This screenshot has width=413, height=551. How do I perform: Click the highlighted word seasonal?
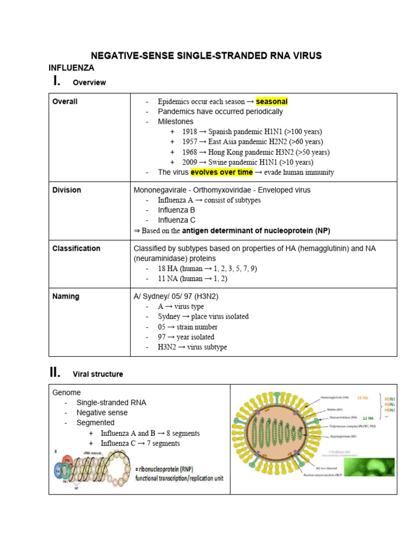click(x=272, y=101)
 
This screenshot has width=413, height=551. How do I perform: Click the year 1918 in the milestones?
click(x=189, y=132)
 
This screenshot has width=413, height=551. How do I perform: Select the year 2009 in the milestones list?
click(x=189, y=162)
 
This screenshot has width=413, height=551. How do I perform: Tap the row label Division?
click(x=67, y=190)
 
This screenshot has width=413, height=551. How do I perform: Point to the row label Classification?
click(x=76, y=249)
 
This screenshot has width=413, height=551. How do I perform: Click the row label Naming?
click(x=66, y=296)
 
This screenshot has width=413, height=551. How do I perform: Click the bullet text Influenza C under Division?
click(x=176, y=220)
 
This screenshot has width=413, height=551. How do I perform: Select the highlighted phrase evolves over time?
click(x=222, y=172)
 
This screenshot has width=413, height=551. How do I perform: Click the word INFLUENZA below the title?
click(x=72, y=68)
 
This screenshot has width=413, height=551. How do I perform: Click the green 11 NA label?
click(x=368, y=418)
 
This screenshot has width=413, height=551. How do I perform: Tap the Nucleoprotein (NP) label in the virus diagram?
click(x=336, y=436)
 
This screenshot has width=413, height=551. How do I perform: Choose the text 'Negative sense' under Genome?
click(x=102, y=413)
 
